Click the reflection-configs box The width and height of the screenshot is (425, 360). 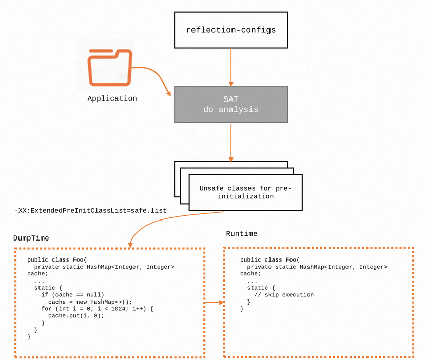230,30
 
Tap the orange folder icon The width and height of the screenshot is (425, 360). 109,67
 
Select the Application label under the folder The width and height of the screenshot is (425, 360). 112,98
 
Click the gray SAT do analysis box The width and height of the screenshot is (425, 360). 230,105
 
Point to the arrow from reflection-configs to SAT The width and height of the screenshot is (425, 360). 231,67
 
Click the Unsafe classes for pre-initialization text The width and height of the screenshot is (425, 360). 245,192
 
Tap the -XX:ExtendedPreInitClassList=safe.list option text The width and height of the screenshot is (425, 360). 90,211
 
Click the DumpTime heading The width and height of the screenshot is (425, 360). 31,238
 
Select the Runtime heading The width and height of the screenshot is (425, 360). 241,234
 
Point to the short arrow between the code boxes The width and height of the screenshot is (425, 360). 215,302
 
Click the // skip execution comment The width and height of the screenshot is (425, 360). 284,295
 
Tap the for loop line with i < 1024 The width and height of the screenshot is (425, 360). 98,309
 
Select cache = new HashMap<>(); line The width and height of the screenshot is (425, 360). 90,302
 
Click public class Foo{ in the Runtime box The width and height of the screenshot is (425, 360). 269,260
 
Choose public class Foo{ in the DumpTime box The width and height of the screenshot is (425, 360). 56,260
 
